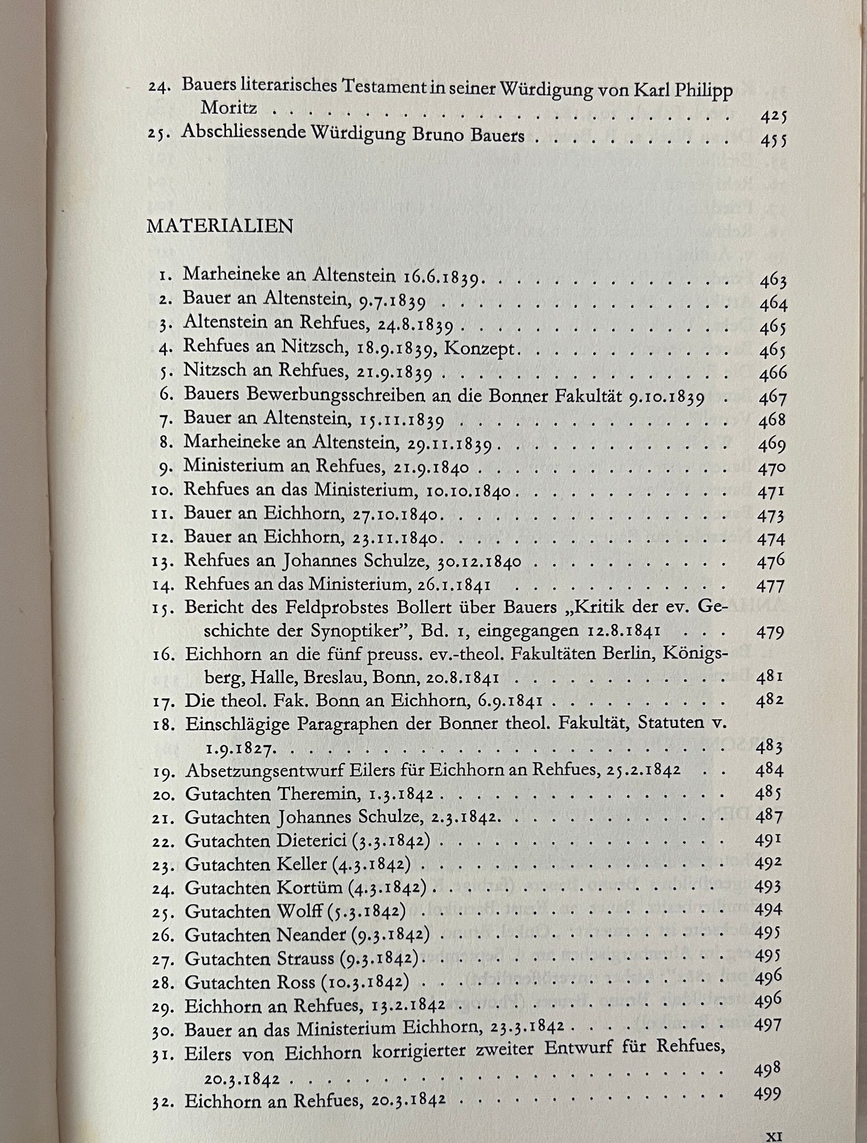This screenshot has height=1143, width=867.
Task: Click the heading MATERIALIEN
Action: (x=219, y=227)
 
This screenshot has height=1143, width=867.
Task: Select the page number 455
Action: (x=774, y=141)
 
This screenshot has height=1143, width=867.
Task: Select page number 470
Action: (x=772, y=469)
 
